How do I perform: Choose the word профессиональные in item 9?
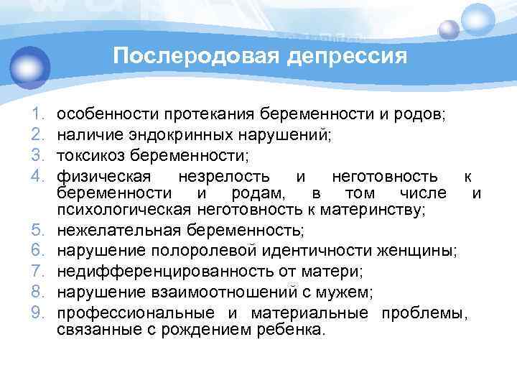[x=135, y=314]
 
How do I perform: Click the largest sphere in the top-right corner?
[x=478, y=19]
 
